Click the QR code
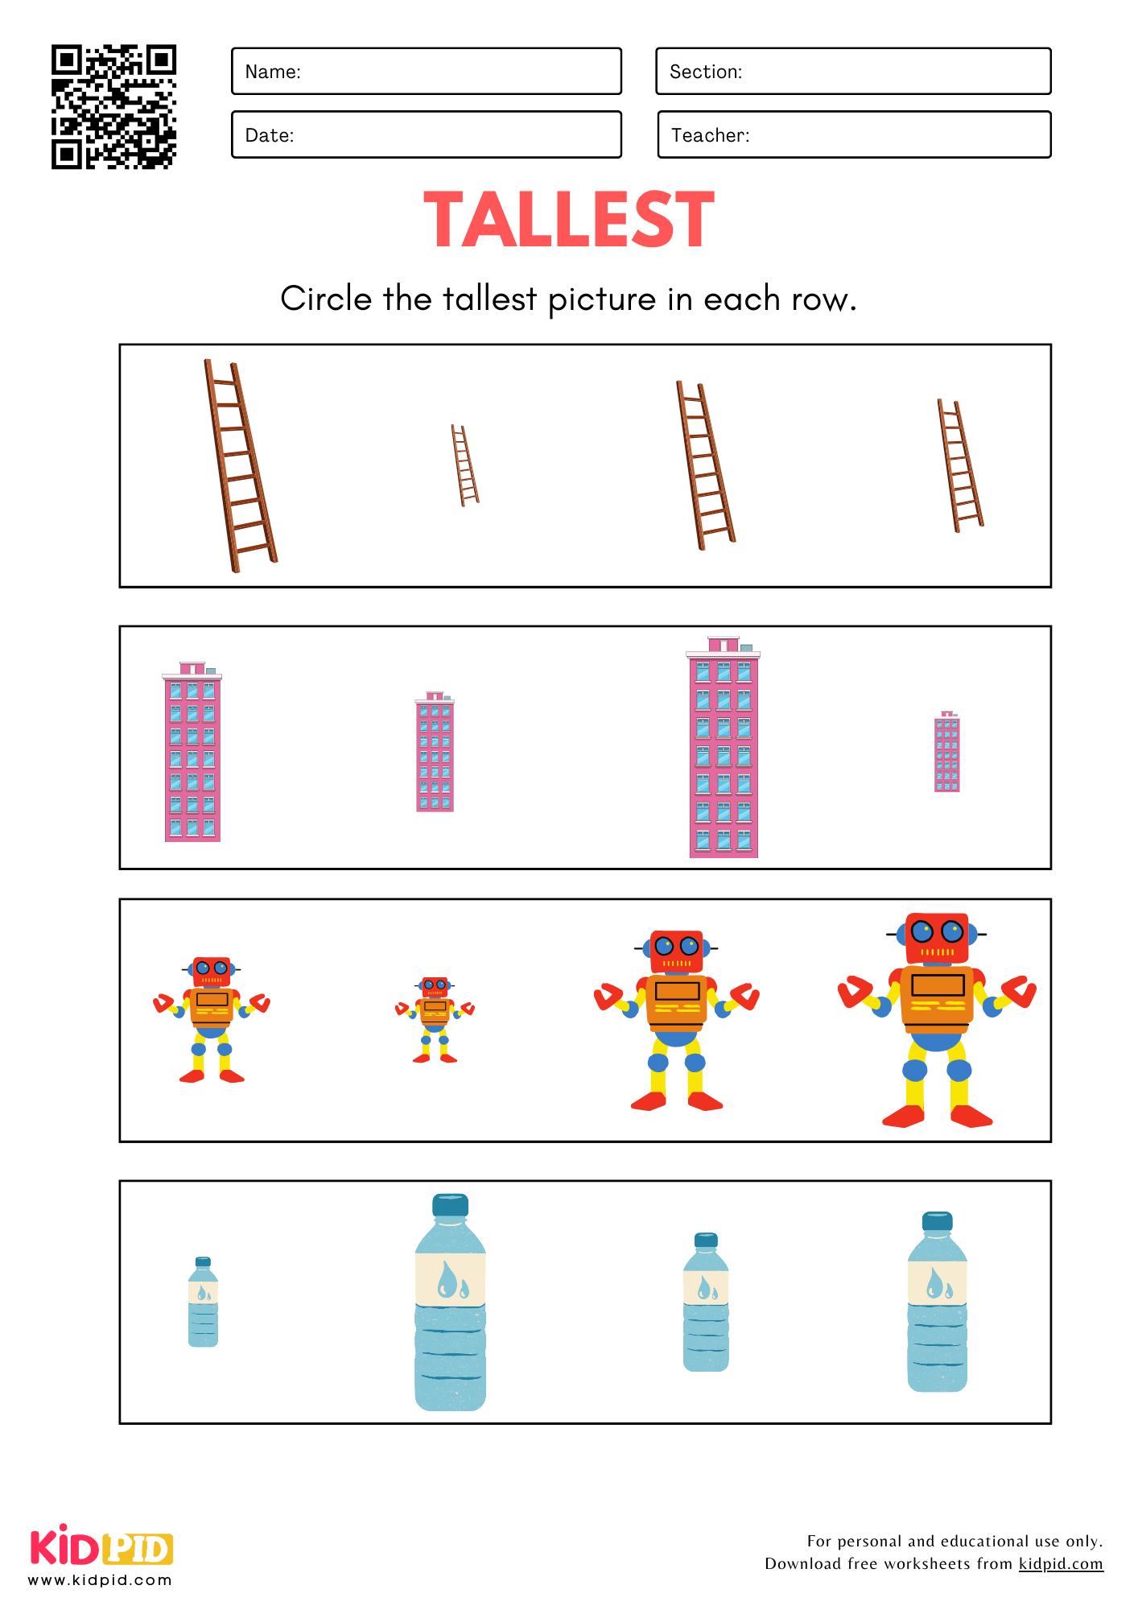point(113,107)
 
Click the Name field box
point(427,71)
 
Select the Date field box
point(427,134)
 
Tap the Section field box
point(853,71)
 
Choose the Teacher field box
point(854,134)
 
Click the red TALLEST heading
point(569,219)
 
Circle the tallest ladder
point(240,465)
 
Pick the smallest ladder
point(464,465)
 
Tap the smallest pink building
point(947,751)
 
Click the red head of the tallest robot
point(937,938)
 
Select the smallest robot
point(435,1020)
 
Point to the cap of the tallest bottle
point(450,1205)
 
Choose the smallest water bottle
point(203,1302)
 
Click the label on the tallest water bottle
point(450,1279)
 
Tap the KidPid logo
point(101,1546)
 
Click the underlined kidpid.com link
point(1061,1563)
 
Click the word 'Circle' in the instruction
point(326,299)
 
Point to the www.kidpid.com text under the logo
point(100,1580)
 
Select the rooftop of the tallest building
point(724,646)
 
